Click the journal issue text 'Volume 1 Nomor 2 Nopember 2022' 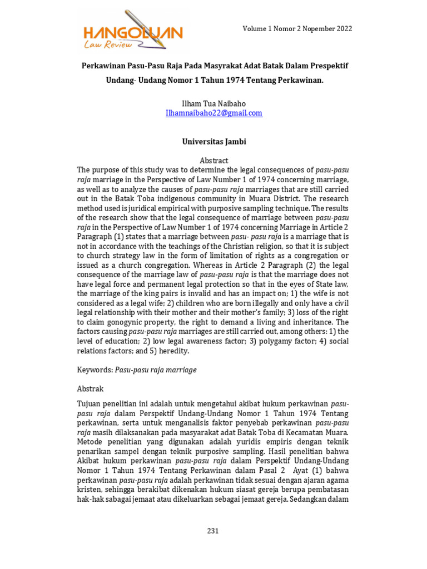[297, 29]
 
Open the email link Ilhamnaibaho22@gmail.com [214, 113]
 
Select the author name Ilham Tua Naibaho [214, 103]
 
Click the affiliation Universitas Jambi [214, 142]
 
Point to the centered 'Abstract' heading [214, 161]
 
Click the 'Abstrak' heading [90, 389]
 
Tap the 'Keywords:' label [95, 370]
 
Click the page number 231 [213, 531]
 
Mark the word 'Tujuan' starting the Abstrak [89, 403]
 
